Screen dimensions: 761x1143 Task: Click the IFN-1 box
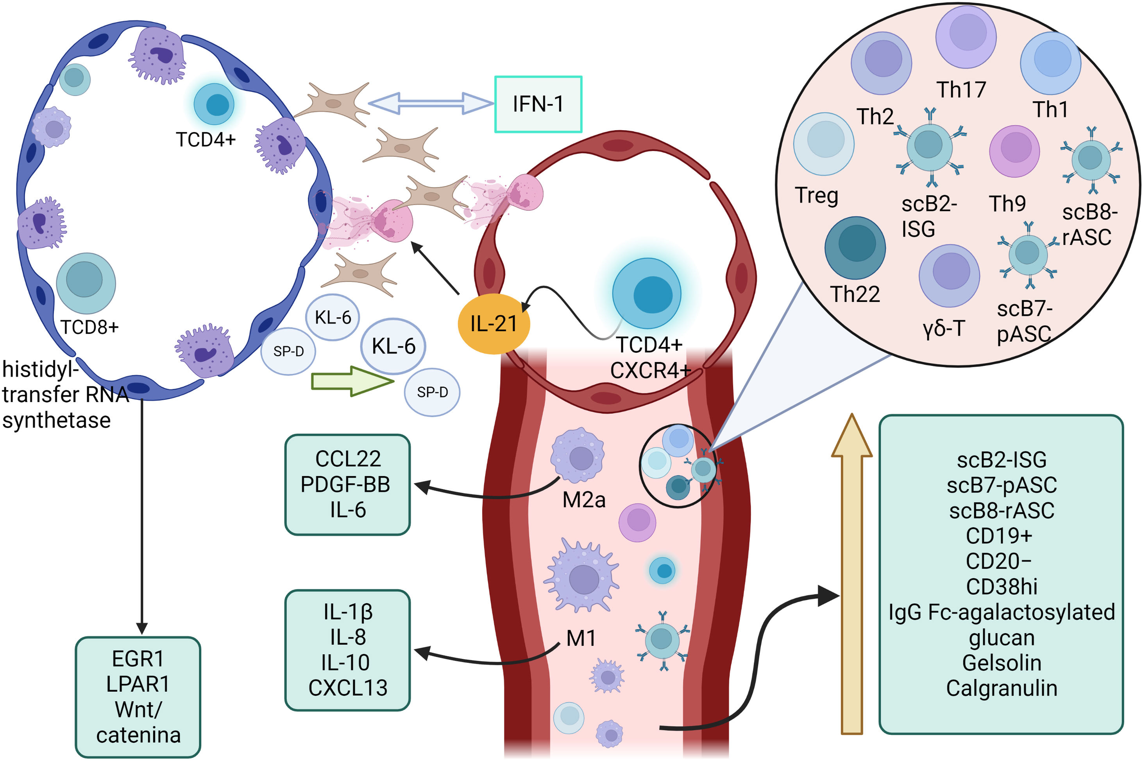click(x=538, y=104)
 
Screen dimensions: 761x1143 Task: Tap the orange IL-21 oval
click(x=494, y=324)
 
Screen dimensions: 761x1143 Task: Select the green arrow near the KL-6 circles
click(x=352, y=381)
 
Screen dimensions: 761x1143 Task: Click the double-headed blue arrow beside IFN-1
click(x=430, y=103)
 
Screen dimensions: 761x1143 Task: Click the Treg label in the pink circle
click(x=817, y=195)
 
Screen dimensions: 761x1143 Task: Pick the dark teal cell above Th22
click(x=855, y=248)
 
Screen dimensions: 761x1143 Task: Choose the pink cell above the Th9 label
click(x=1014, y=151)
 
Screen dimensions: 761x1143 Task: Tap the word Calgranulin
click(x=1002, y=688)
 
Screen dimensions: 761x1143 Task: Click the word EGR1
click(x=138, y=659)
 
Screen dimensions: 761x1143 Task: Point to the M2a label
click(x=584, y=500)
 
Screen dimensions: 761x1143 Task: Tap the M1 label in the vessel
click(x=581, y=638)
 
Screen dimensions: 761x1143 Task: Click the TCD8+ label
click(x=90, y=327)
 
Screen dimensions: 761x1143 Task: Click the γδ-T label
click(x=943, y=328)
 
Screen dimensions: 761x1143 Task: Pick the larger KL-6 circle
click(x=393, y=346)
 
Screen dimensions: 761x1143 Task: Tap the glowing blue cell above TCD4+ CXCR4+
click(x=646, y=294)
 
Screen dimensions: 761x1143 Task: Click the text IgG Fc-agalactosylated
click(x=1002, y=612)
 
